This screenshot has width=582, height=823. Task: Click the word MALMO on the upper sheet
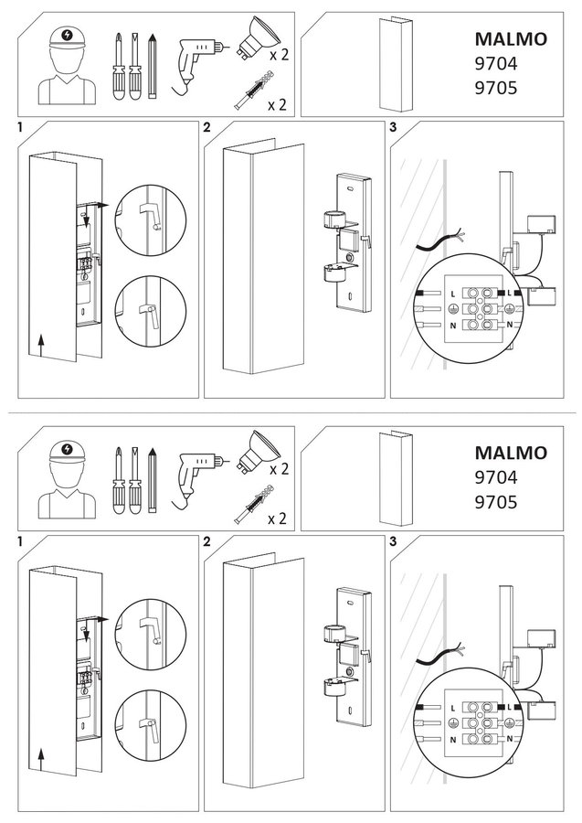click(x=503, y=38)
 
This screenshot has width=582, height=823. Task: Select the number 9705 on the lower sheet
click(x=495, y=502)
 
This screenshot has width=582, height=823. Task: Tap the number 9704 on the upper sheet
click(x=495, y=63)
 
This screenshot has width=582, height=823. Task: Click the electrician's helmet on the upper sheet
click(x=67, y=38)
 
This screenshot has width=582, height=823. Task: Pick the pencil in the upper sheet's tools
click(x=153, y=66)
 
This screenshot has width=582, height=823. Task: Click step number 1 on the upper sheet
click(x=20, y=127)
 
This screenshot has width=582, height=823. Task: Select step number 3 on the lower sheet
click(x=393, y=541)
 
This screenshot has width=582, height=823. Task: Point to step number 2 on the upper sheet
click(x=207, y=127)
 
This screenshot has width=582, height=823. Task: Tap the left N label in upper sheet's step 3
click(x=453, y=326)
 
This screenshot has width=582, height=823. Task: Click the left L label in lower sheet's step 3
click(x=453, y=708)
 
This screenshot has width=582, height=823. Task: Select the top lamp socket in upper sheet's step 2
click(x=333, y=219)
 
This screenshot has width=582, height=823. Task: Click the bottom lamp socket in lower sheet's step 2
click(x=333, y=687)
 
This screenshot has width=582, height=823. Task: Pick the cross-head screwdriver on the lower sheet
click(x=119, y=480)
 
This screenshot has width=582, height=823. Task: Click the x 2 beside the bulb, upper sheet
click(x=279, y=55)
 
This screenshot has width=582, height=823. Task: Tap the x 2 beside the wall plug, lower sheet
click(x=278, y=518)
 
